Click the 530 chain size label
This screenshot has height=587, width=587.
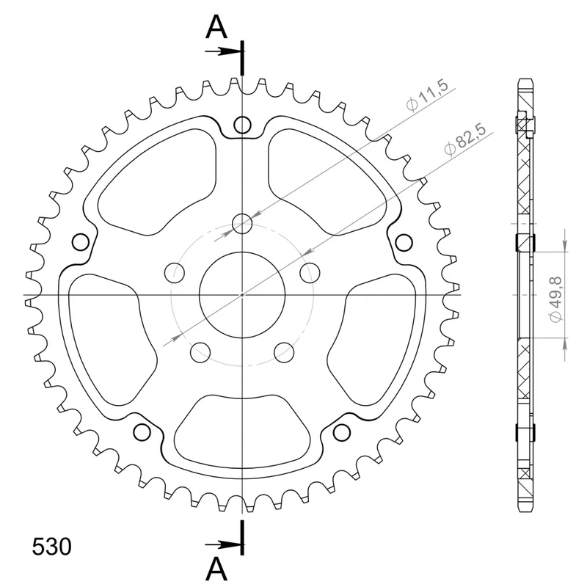point(51,546)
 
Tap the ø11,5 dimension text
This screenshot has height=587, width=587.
point(427,95)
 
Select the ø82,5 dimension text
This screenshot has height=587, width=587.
point(465,139)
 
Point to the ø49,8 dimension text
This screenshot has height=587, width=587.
point(555,299)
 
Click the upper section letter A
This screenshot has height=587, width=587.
point(216,27)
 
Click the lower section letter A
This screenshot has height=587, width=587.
point(216,569)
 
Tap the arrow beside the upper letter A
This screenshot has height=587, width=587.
point(222,51)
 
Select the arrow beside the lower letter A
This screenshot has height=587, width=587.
point(222,544)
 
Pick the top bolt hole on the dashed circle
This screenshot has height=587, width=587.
point(242,224)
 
